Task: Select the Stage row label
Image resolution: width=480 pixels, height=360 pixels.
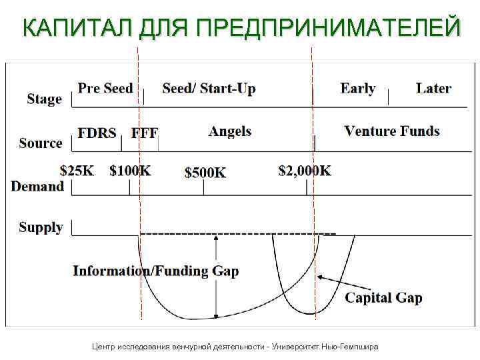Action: pyautogui.click(x=44, y=99)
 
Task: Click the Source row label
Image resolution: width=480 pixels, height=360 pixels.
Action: pyautogui.click(x=41, y=143)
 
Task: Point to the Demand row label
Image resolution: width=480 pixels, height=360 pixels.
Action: pyautogui.click(x=37, y=186)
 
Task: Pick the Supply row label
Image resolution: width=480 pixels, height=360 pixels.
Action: pyautogui.click(x=41, y=227)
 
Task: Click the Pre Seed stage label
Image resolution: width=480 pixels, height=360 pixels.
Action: pyautogui.click(x=105, y=88)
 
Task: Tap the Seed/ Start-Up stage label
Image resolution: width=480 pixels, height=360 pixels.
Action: pyautogui.click(x=209, y=89)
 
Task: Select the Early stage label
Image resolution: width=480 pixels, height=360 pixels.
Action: pyautogui.click(x=357, y=89)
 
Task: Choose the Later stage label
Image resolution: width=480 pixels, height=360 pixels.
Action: pyautogui.click(x=433, y=88)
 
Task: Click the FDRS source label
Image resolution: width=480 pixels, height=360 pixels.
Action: pyautogui.click(x=97, y=133)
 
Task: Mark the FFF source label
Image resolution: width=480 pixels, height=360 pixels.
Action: pyautogui.click(x=145, y=133)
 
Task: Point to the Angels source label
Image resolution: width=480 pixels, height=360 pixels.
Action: pyautogui.click(x=230, y=131)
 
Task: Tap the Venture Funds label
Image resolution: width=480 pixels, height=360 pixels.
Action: pyautogui.click(x=392, y=131)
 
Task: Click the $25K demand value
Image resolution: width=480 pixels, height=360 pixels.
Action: pyautogui.click(x=77, y=171)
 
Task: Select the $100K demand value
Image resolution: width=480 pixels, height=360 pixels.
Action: pyautogui.click(x=130, y=171)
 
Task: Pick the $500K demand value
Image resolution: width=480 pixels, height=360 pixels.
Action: pyautogui.click(x=205, y=173)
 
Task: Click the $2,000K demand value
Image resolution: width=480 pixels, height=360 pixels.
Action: pyautogui.click(x=305, y=171)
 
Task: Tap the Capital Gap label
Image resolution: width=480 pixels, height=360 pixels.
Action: pyautogui.click(x=383, y=297)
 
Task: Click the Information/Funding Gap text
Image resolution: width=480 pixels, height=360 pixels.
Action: pyautogui.click(x=155, y=271)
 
